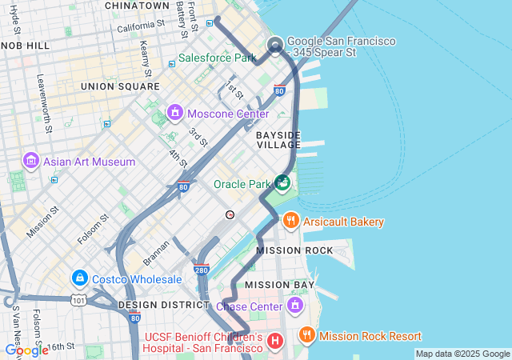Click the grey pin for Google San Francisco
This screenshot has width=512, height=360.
[x=276, y=45]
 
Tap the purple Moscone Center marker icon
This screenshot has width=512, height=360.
[x=175, y=114]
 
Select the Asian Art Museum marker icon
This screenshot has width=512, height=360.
[x=32, y=161]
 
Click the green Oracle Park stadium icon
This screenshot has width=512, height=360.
[x=282, y=184]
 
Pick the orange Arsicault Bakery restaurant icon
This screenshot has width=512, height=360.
[x=290, y=221]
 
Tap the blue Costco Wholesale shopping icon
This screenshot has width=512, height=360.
[x=79, y=278]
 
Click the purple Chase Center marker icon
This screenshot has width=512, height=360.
[x=295, y=305]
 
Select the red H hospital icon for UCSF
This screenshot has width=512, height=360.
[x=275, y=342]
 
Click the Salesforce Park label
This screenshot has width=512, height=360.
[x=217, y=58]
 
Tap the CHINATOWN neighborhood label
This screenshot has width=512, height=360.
[x=137, y=6]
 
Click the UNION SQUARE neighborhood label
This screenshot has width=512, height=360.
[x=120, y=86]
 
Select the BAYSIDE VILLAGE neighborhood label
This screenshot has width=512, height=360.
[x=278, y=139]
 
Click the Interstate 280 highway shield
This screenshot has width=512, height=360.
[x=202, y=270]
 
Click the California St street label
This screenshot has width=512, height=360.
[x=140, y=26]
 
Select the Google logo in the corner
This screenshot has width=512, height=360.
[x=26, y=350]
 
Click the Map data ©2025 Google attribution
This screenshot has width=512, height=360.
[x=462, y=354]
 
